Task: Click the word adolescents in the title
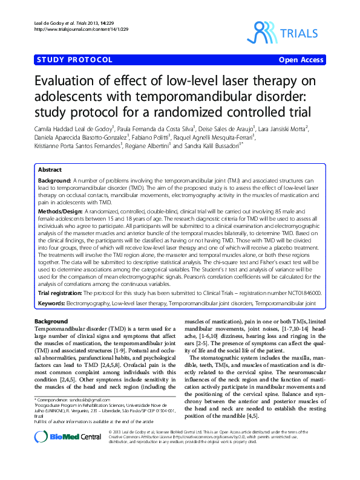point(68,97)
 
